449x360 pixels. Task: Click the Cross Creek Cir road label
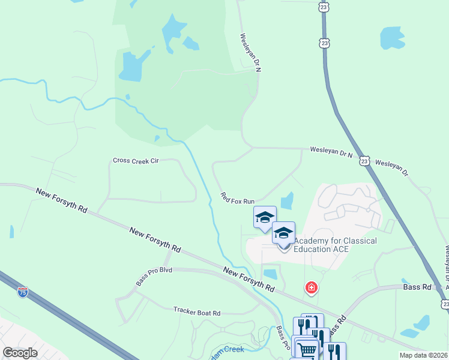136,161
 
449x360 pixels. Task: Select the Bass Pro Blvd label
154,271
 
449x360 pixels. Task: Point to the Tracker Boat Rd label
197,313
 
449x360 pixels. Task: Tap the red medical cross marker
311,289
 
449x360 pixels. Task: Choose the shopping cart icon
307,350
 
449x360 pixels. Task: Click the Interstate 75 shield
22,292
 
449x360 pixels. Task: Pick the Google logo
20,352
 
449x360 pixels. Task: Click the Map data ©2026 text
423,355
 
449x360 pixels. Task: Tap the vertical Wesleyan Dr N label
252,53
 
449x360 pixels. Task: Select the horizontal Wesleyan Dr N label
331,152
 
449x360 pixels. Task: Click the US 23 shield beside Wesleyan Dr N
364,161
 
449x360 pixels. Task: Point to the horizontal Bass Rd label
418,287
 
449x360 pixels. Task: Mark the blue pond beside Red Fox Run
287,201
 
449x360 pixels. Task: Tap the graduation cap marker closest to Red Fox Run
265,217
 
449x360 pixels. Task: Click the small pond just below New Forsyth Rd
271,274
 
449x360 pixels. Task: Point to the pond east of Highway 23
392,38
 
